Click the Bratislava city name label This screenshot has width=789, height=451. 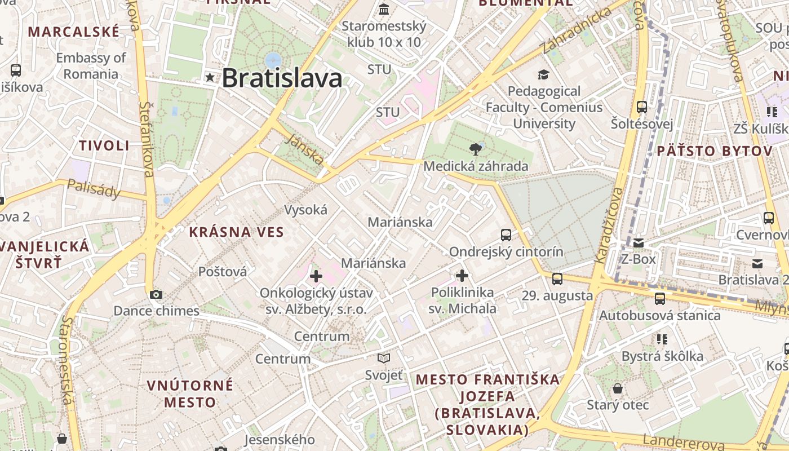point(282,78)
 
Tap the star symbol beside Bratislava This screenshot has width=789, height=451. point(211,78)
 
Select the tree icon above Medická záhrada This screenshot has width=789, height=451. point(476,149)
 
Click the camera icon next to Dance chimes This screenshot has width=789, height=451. point(156,294)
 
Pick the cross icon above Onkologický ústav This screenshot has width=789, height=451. point(316,276)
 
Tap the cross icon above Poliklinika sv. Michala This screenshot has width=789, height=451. point(462,276)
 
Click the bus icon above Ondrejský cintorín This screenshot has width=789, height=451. point(506,235)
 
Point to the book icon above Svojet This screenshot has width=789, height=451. point(384,358)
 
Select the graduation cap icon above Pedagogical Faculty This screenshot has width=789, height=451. point(543,74)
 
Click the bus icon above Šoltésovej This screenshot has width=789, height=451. point(641,107)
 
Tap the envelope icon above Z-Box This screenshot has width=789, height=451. point(638,243)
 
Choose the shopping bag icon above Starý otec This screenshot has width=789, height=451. point(618,388)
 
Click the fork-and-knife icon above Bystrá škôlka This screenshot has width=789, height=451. point(662,339)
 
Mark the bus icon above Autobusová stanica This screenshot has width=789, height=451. point(659,299)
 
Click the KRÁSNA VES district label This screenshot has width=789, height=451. point(236,232)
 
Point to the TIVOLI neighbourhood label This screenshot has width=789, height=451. point(104,145)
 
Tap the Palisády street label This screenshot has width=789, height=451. point(94,189)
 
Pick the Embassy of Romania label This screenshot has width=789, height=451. point(91,66)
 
